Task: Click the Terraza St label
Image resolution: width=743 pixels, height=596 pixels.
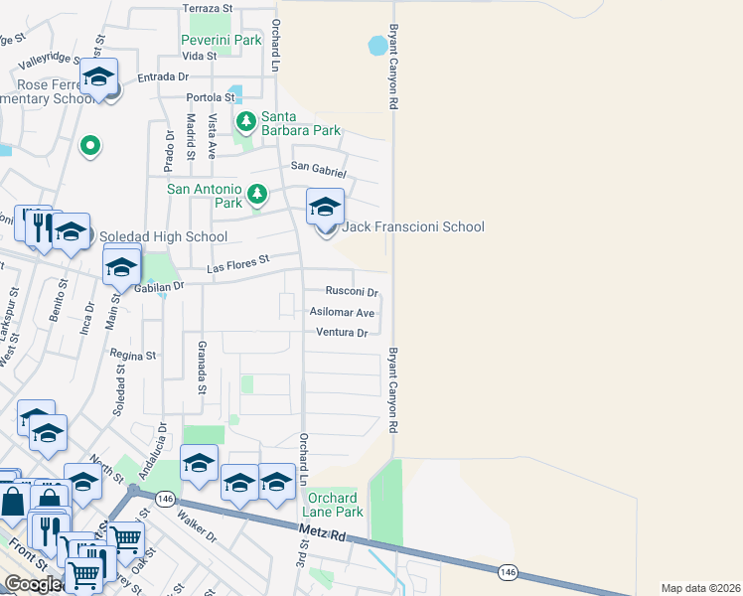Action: [x=207, y=8]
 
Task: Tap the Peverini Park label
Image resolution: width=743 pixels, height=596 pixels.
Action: [x=221, y=40]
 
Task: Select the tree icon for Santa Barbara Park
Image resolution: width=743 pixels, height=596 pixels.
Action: [x=245, y=121]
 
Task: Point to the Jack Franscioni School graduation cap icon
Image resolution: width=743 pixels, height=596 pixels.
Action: [x=325, y=209]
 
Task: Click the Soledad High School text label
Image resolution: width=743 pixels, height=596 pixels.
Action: [x=164, y=237]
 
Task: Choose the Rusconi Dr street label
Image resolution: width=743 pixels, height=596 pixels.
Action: [x=353, y=292]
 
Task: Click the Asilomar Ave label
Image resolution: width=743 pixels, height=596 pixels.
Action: [x=343, y=312]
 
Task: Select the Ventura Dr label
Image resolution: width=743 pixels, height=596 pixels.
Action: [x=343, y=332]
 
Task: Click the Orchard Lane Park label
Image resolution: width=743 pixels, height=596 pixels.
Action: [x=335, y=505]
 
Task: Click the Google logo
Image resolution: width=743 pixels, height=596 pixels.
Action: [x=32, y=584]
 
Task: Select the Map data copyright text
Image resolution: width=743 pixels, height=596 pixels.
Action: [x=700, y=588]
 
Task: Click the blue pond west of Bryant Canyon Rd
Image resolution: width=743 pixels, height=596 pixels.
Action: [x=378, y=46]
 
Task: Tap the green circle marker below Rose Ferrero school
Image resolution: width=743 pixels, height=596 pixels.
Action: [x=90, y=147]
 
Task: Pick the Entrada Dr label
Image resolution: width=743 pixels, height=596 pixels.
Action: [x=163, y=76]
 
